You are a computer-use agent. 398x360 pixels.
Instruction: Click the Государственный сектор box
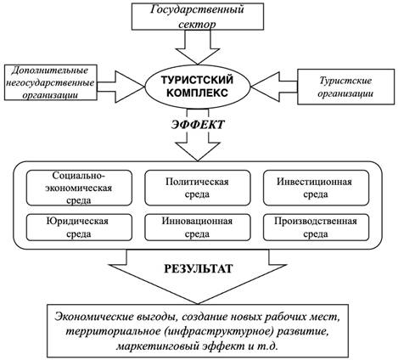pyautogui.click(x=198, y=16)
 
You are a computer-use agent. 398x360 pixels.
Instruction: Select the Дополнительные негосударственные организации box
pyautogui.click(x=51, y=82)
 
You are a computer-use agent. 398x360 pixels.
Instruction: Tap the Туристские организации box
pyautogui.click(x=345, y=87)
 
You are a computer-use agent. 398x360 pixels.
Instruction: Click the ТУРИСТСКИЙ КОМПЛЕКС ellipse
pyautogui.click(x=198, y=86)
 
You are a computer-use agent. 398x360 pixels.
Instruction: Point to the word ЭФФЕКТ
pyautogui.click(x=198, y=125)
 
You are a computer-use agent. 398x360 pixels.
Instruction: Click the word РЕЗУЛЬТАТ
pyautogui.click(x=199, y=268)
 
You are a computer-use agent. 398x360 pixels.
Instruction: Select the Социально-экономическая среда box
pyautogui.click(x=79, y=188)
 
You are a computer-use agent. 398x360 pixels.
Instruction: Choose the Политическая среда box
pyautogui.click(x=198, y=188)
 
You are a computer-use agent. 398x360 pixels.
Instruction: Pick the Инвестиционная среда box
pyautogui.click(x=316, y=188)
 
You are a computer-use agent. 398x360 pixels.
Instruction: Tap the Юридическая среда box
pyautogui.click(x=79, y=228)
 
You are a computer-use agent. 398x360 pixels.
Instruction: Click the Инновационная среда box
pyautogui.click(x=198, y=228)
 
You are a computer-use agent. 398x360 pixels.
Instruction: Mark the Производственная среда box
pyautogui.click(x=316, y=228)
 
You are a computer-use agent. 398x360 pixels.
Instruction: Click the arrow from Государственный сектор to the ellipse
pyautogui.click(x=198, y=47)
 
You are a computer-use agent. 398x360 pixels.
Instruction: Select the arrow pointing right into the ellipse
pyautogui.click(x=121, y=87)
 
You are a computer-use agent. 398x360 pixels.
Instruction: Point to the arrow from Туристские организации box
pyautogui.click(x=274, y=87)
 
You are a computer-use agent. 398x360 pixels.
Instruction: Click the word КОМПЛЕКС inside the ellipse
pyautogui.click(x=197, y=93)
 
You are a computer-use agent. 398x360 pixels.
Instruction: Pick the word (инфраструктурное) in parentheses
pyautogui.click(x=219, y=332)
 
